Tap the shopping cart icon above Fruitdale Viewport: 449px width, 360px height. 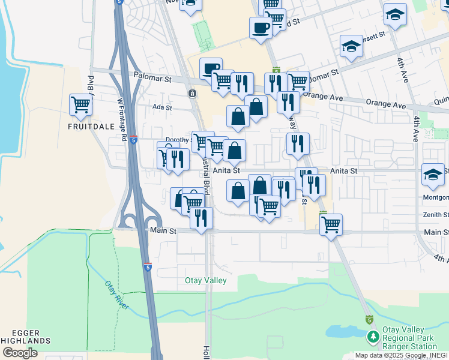[x=80, y=105]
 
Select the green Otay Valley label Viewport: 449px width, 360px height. [x=205, y=280]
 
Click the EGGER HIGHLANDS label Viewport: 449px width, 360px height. [x=25, y=337]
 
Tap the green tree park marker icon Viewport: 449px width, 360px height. [x=373, y=337]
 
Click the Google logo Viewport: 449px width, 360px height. [x=20, y=353]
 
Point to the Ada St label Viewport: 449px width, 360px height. [x=162, y=108]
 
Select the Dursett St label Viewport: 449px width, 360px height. [x=372, y=37]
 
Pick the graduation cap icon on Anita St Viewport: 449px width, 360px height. [x=432, y=174]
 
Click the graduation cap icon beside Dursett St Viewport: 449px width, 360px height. [x=351, y=46]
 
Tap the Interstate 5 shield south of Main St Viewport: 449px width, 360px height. [x=147, y=265]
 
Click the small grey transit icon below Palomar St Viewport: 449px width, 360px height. [x=191, y=94]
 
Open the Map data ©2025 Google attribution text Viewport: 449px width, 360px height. [x=390, y=355]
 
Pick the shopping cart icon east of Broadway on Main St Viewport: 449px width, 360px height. [x=331, y=225]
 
